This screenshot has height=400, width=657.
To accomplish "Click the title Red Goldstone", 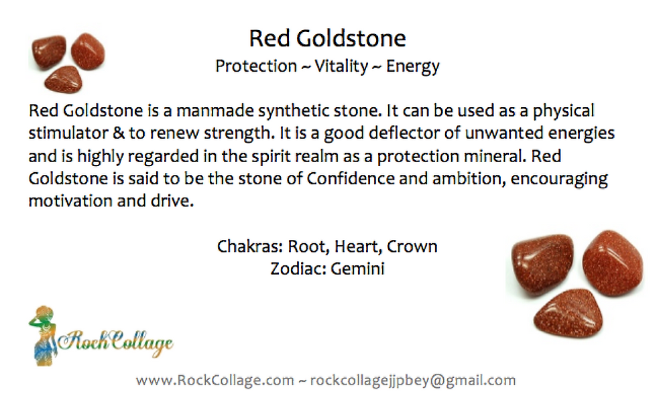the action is click(x=328, y=39).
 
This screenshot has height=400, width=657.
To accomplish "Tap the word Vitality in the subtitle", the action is click(x=341, y=66).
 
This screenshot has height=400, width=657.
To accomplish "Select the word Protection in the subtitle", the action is click(x=256, y=66).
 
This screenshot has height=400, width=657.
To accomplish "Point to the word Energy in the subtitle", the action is click(x=413, y=66).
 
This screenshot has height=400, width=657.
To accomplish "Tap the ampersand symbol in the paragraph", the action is click(x=119, y=133).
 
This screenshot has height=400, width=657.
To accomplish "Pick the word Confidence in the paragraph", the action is click(x=351, y=179).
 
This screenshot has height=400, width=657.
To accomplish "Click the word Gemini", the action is click(x=357, y=269).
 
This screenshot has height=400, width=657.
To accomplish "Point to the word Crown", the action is click(x=412, y=247).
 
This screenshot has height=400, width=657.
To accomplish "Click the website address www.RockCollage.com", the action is click(x=215, y=381).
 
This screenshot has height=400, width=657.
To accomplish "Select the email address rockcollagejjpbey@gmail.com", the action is click(x=413, y=381).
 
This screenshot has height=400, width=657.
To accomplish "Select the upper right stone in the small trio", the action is click(x=88, y=51).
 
